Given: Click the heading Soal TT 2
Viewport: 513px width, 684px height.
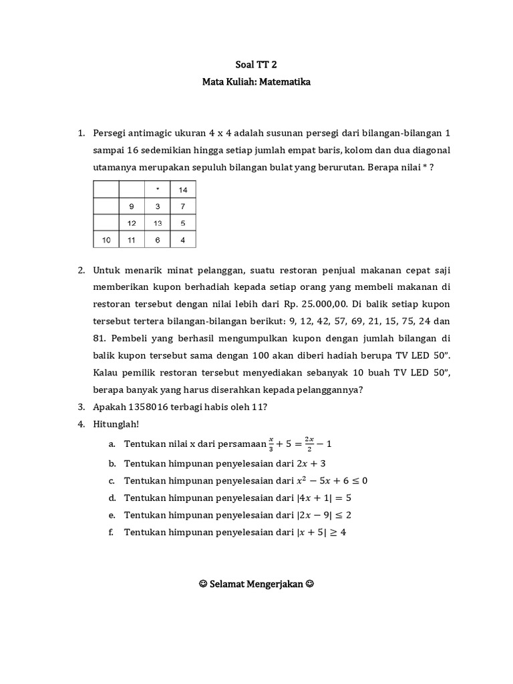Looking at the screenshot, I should (256, 65).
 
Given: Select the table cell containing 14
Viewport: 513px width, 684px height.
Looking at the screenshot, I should (183, 190).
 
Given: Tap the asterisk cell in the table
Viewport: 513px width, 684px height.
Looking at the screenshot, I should (157, 190).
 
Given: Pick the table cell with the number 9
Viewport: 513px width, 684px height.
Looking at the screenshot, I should (132, 206).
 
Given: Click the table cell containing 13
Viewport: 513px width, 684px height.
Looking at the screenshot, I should (157, 223).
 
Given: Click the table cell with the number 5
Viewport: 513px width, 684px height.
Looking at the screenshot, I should (183, 223).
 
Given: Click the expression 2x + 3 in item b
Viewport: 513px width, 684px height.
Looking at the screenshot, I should (310, 463).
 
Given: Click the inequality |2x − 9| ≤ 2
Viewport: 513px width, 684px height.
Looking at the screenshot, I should (323, 515).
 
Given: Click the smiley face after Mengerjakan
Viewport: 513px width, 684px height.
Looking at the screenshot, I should (309, 583).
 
